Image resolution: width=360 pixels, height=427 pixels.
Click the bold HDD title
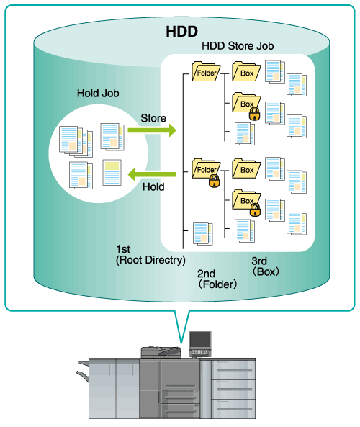pos(181,31)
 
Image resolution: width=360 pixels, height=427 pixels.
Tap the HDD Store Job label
pos(238,46)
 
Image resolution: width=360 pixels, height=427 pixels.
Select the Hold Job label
pos(98,93)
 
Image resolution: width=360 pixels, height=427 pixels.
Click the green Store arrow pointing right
pos(152,130)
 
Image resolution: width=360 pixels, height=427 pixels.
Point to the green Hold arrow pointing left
pos(152,174)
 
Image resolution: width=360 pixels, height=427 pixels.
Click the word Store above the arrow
pos(153,118)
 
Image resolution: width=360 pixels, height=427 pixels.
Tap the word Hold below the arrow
pos(153,186)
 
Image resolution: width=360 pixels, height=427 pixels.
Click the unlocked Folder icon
pos(206,71)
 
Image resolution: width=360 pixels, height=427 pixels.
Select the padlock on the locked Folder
pos(215,181)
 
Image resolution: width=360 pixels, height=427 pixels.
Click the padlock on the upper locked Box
pos(254,114)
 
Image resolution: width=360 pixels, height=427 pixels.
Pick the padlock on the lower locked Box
pos(255,210)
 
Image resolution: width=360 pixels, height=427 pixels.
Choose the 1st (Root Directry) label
pos(150,255)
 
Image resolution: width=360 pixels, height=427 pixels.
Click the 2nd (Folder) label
pos(217,279)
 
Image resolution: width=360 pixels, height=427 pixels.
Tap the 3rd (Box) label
pos(265,266)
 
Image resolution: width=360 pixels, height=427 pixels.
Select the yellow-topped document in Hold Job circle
pos(112,173)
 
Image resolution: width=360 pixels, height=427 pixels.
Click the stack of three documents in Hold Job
pos(76,141)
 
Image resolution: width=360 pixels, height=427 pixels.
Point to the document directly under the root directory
pos(203,233)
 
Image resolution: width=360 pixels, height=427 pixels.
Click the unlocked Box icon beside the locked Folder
pos(246,168)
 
